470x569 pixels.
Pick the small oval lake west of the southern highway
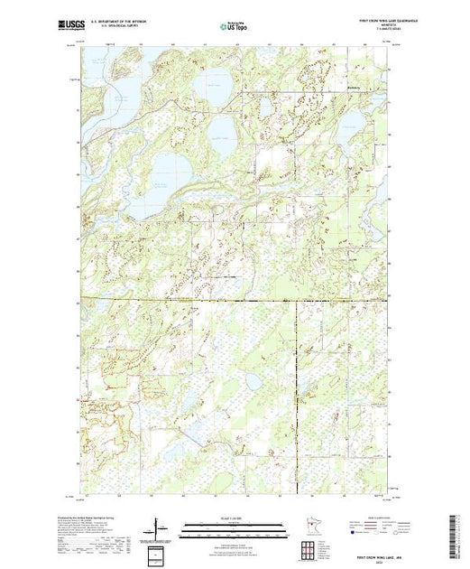pyautogui.click(x=255, y=382)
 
